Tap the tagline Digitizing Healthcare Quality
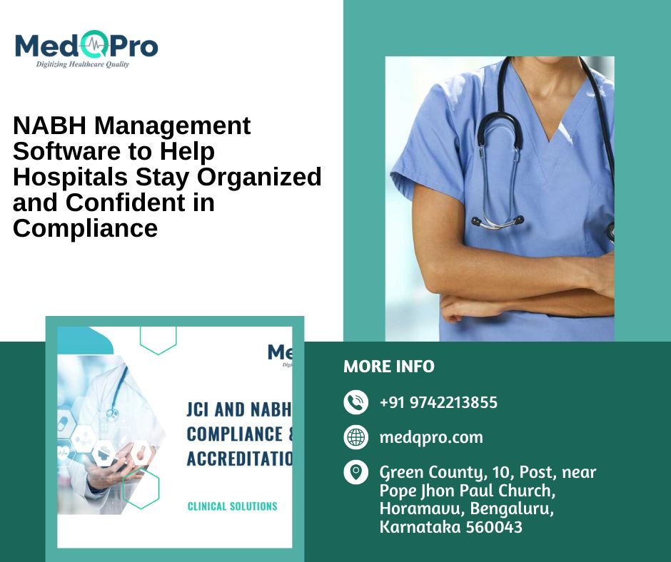(83, 64)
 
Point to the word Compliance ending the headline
(85, 228)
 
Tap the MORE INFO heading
(388, 367)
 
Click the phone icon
(355, 402)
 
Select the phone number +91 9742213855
(438, 402)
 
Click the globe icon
(355, 436)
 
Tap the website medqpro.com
(431, 437)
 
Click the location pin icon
(355, 472)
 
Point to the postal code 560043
(492, 528)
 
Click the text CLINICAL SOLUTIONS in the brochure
(232, 506)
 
